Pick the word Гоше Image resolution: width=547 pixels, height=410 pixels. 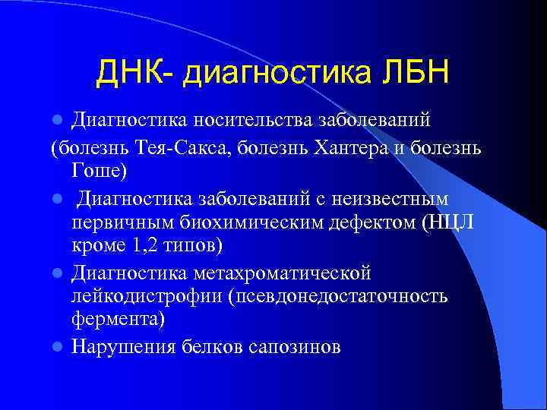coord(96,172)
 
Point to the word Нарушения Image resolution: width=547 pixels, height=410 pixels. coord(124,347)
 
